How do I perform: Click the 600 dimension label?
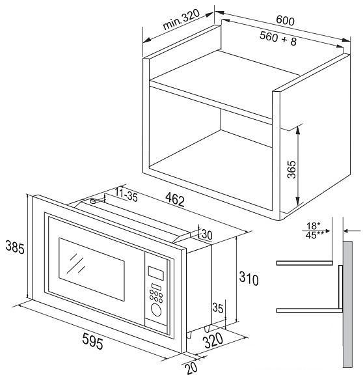(285, 20)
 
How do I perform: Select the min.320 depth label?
(181, 20)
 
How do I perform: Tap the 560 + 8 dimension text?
(278, 38)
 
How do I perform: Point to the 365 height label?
(291, 169)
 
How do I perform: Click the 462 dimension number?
(175, 200)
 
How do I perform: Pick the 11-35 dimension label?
(126, 195)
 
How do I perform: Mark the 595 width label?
(92, 341)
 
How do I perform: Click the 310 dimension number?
(249, 279)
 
